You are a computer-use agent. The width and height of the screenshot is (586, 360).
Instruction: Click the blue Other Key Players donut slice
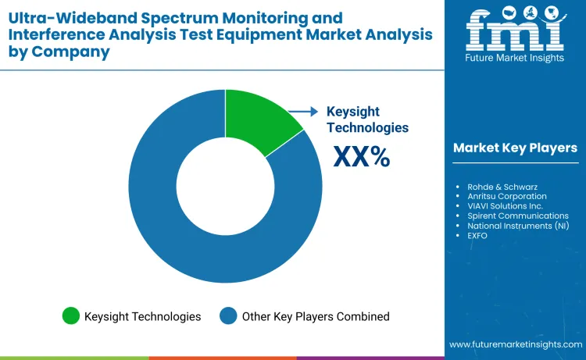point(195,242)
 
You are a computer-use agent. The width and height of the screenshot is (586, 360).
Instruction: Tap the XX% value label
point(361,156)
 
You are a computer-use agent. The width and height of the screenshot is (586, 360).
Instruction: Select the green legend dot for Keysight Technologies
point(71,316)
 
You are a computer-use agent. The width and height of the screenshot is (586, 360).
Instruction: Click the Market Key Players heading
point(515,148)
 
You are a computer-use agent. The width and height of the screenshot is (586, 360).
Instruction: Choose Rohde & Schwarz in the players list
point(495,187)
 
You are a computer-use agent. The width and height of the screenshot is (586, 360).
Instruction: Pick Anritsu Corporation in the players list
point(502,197)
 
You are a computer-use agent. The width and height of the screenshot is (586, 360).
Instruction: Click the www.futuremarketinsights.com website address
point(515,344)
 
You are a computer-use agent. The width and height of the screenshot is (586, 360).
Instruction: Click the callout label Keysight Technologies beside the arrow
point(367,119)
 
